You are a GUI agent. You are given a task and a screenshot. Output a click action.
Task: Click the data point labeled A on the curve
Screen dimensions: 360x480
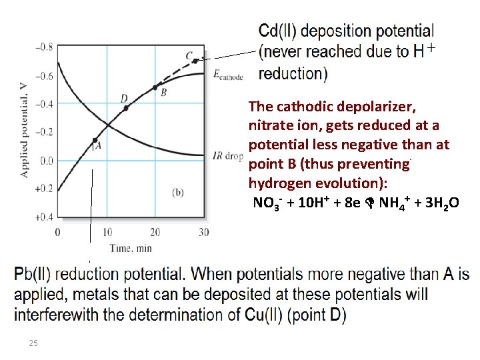point(95,141)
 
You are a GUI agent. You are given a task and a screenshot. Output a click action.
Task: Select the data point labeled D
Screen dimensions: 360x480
point(126,107)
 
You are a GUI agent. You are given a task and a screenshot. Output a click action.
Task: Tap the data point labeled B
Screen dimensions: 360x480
point(155,87)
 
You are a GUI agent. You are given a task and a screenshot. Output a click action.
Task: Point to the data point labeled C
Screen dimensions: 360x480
point(195,61)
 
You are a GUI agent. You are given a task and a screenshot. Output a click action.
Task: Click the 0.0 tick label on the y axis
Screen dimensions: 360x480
point(45,161)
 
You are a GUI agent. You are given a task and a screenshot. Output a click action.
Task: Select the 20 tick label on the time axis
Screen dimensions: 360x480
point(155,232)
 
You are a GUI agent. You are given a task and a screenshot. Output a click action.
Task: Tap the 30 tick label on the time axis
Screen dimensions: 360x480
point(203,232)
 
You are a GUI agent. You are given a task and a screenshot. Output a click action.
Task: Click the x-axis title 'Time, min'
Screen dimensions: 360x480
point(131,248)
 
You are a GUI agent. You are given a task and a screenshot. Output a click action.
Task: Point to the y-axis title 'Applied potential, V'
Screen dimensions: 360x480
point(24,133)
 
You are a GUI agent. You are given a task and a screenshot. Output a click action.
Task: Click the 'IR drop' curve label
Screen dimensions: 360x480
point(227,157)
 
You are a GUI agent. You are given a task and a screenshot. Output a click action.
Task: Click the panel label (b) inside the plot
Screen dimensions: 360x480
point(178,192)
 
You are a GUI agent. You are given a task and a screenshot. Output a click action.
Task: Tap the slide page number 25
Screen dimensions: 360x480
point(33,343)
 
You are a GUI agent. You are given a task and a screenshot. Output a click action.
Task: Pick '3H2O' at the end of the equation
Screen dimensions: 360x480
point(440,203)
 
